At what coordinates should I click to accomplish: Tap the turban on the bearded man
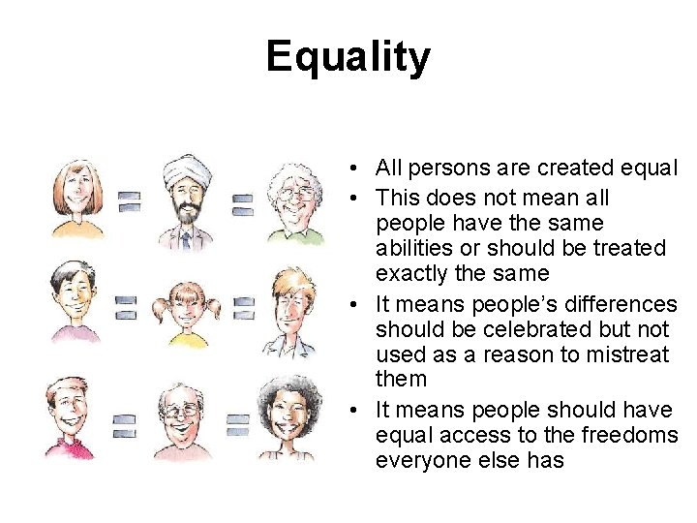183,170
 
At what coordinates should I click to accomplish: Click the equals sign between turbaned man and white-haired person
242,204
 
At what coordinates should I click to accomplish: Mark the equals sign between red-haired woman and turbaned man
129,201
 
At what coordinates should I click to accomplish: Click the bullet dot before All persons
357,169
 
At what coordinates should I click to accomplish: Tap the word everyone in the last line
421,460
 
